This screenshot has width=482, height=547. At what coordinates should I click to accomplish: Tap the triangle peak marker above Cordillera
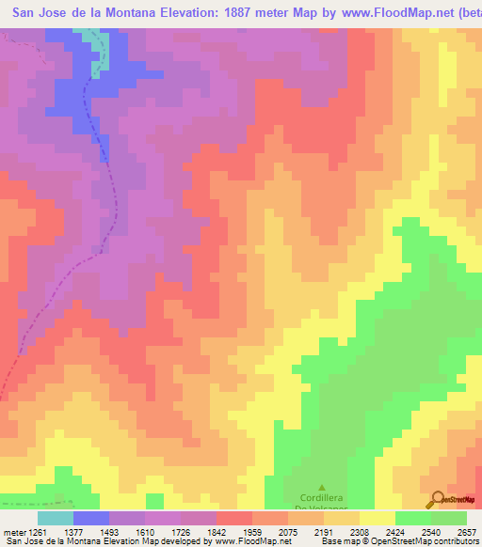pos(322,488)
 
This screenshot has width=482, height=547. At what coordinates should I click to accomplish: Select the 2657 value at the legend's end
pos(467,531)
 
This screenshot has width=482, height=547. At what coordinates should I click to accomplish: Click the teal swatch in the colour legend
pos(56,518)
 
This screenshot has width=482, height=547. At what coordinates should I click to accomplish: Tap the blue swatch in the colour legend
pos(91,518)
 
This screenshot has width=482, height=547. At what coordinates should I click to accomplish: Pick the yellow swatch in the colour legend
pos(377,518)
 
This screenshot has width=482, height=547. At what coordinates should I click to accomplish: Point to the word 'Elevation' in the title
pos(171,12)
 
